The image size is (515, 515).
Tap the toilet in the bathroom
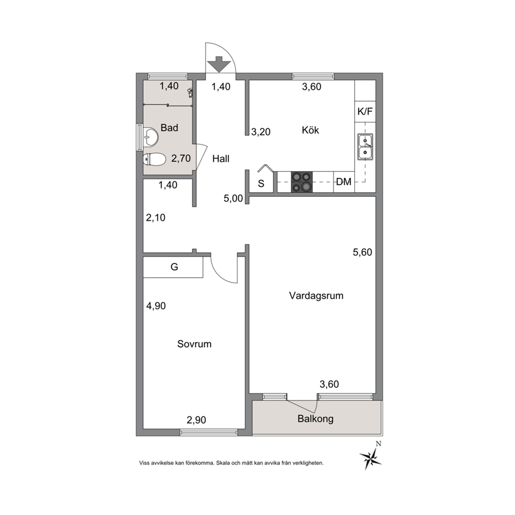coord(154,159)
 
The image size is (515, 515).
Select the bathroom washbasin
coord(151,137)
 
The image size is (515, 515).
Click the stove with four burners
coord(302,182)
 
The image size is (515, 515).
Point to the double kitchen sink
coord(365,147)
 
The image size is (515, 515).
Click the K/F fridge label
coord(365,112)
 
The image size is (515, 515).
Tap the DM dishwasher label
coord(344,182)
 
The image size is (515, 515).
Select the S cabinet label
coord(261,184)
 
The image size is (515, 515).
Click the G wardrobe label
coord(174,267)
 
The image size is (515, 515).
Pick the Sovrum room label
coord(194,344)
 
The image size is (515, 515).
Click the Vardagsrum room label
coord(316,295)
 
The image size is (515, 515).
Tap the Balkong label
coord(315,419)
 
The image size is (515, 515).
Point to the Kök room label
coord(310,130)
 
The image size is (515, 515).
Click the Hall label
coord(221,159)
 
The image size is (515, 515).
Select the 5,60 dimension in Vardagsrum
coord(362,252)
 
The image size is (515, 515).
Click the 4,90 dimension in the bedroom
coord(156,306)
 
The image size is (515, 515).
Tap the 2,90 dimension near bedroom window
coord(196,420)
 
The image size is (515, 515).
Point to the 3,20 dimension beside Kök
coord(261,132)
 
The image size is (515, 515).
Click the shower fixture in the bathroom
coord(190,93)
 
